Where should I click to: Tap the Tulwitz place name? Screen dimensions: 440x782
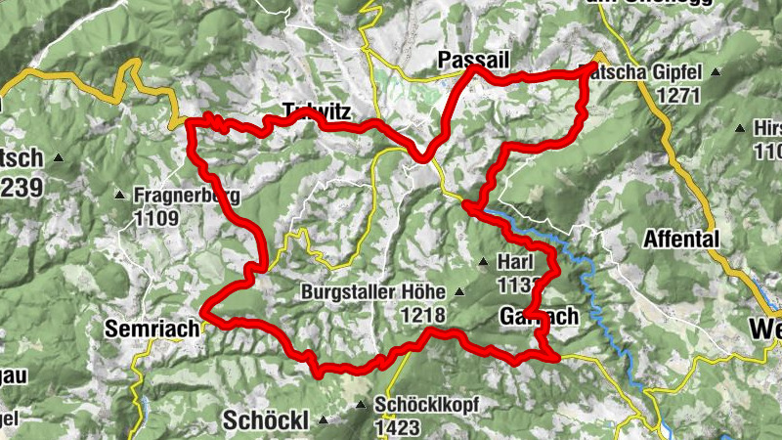click(315, 110)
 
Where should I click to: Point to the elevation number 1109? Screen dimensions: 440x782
click(156, 218)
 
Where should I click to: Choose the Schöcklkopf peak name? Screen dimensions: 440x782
click(425, 404)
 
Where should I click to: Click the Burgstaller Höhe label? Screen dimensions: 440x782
click(372, 292)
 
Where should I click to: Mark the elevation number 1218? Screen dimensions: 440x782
click(421, 316)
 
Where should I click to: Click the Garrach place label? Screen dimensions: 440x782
click(539, 317)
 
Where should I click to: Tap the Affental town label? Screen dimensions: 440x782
click(681, 239)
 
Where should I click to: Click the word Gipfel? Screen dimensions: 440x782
click(673, 72)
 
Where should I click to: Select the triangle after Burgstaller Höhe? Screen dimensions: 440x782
click(459, 292)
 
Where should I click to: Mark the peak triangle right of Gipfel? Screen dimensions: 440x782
click(716, 72)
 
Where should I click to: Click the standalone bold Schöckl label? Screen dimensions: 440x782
click(266, 420)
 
